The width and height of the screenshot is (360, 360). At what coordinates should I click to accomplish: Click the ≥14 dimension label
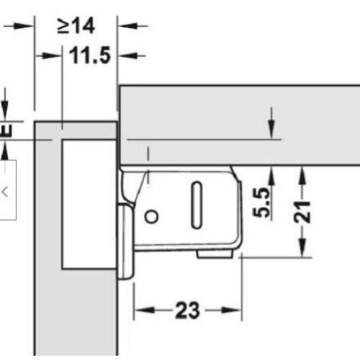pyautogui.click(x=76, y=26)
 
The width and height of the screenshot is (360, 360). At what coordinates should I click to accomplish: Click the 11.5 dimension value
pyautogui.click(x=90, y=55)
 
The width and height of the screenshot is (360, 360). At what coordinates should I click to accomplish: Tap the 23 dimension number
pyautogui.click(x=187, y=310)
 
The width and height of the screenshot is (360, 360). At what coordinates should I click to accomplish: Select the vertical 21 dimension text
pyautogui.click(x=302, y=212)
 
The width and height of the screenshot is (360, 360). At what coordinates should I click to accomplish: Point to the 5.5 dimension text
pyautogui.click(x=261, y=203)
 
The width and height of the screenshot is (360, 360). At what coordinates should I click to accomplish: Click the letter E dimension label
pyautogui.click(x=6, y=131)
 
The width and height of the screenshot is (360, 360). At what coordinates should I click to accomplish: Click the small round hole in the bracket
pyautogui.click(x=151, y=217)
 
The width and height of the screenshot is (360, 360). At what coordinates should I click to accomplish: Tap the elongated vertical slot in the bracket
pyautogui.click(x=197, y=205)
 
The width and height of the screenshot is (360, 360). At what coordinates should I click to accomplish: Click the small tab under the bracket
pyautogui.click(x=215, y=254)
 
